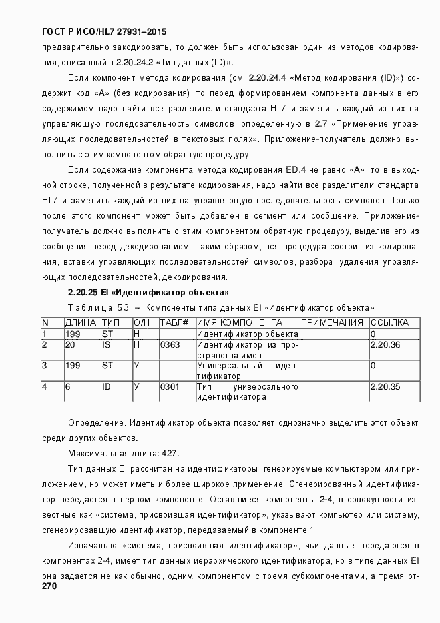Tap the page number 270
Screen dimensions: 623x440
[x=49, y=586]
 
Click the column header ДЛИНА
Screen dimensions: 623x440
[x=81, y=322]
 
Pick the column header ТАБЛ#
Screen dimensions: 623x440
[x=174, y=322]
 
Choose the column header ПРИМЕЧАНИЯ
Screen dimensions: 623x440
[x=332, y=322]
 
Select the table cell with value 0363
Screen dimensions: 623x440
[x=170, y=344]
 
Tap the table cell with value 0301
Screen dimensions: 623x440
[x=170, y=386]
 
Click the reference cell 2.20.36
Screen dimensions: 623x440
[x=385, y=344]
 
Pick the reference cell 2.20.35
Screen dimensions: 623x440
[x=385, y=386]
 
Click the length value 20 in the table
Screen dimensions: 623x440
[x=69, y=344]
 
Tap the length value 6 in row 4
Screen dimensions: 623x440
[x=67, y=386]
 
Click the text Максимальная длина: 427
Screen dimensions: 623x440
[x=123, y=453]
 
